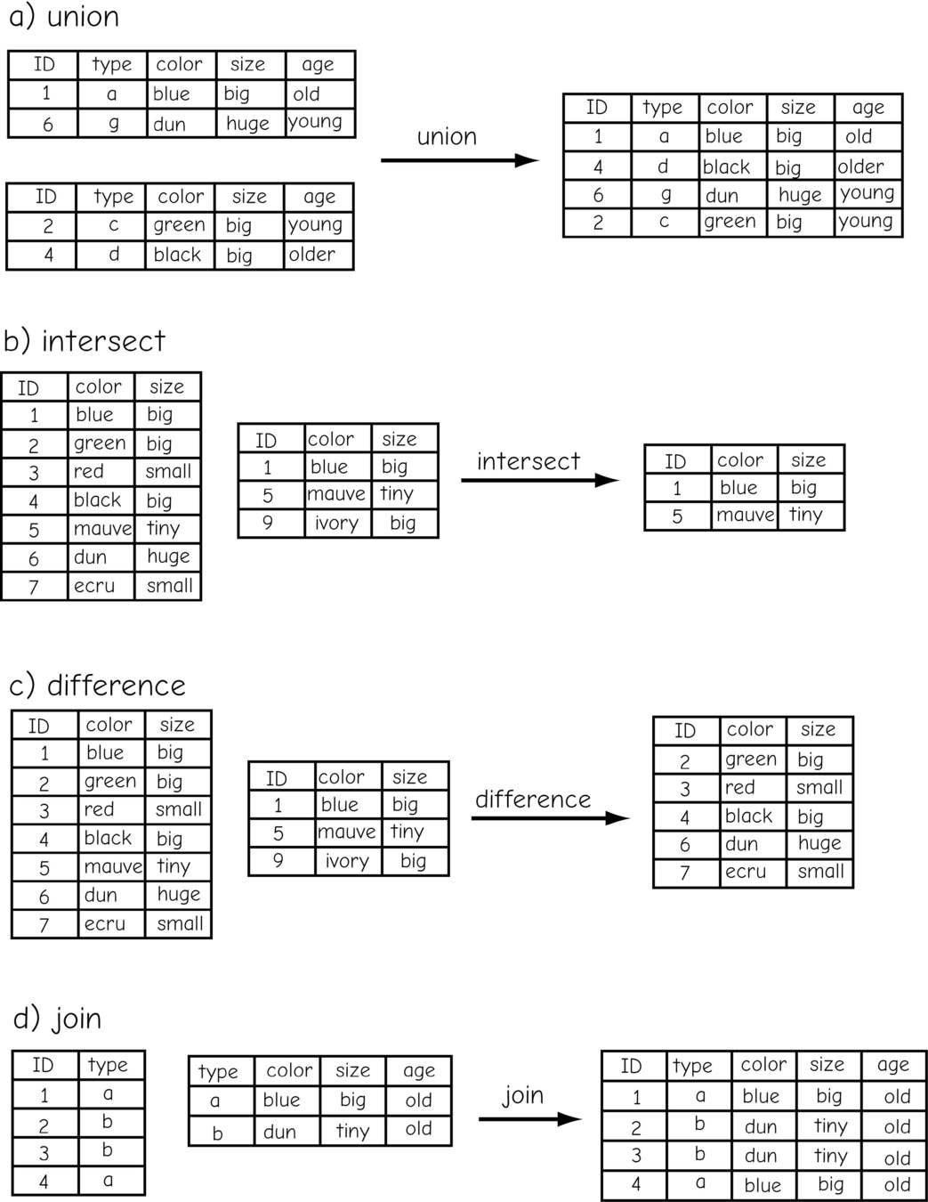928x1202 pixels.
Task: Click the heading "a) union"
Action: [x=63, y=17]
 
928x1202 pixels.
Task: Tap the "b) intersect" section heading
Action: [x=85, y=341]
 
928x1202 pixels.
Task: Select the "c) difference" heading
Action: [x=97, y=686]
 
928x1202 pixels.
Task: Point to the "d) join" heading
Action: [x=58, y=1018]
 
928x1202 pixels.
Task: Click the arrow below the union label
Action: [x=459, y=160]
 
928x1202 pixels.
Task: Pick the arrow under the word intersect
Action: [x=539, y=481]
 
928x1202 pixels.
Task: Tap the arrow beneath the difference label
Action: [x=550, y=818]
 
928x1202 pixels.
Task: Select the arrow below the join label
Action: [x=529, y=1119]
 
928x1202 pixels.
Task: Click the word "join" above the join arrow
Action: [x=522, y=1094]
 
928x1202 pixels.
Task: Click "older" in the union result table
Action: [x=860, y=166]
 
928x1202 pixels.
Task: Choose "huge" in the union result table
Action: [x=800, y=194]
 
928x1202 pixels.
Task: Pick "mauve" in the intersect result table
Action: [x=745, y=515]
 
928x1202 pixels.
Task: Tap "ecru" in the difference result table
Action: [x=746, y=872]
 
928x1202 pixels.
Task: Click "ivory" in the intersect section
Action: [x=336, y=523]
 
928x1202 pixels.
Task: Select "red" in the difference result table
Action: [x=739, y=787]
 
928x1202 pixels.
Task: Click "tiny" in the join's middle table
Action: [x=352, y=1131]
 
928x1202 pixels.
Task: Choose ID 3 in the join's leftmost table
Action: [x=44, y=1153]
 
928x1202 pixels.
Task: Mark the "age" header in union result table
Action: [x=867, y=108]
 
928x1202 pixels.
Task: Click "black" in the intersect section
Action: [x=97, y=499]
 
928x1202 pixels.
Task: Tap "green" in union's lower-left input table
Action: [x=179, y=225]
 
